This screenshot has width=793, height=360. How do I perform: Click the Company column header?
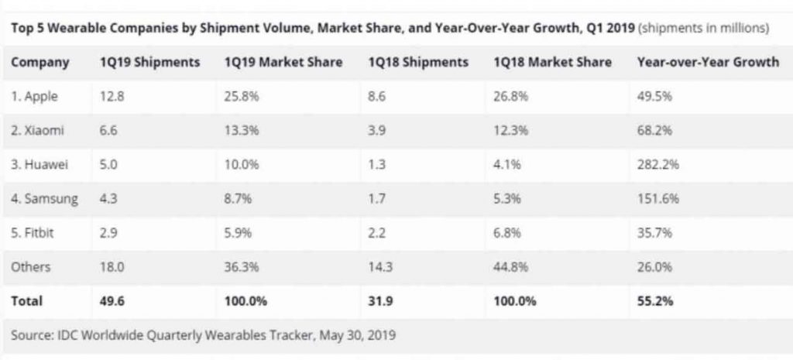[40, 63]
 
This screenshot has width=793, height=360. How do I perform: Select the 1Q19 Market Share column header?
[283, 63]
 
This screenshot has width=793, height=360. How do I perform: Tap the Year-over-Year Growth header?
[707, 63]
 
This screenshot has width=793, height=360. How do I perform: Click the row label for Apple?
[34, 97]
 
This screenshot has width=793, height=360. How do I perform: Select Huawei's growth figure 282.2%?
[654, 164]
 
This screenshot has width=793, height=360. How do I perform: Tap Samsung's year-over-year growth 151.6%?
[654, 198]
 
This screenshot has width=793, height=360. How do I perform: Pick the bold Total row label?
[27, 300]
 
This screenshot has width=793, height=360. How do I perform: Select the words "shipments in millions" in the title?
[704, 27]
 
